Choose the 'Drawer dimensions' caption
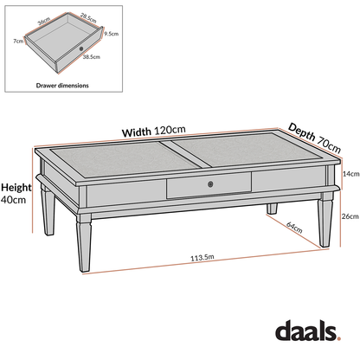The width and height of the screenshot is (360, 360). [x=62, y=86]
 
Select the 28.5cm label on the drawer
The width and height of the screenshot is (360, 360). [x=87, y=16]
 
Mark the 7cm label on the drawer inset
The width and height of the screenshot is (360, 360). [x=17, y=41]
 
